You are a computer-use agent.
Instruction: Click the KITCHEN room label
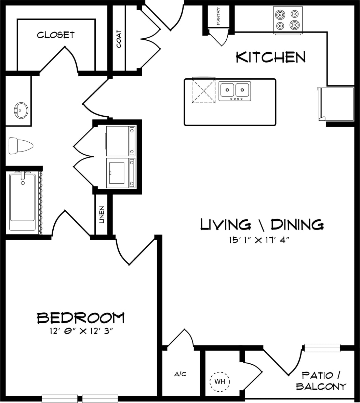pos(270,57)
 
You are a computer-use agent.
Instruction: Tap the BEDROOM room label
pos(81,318)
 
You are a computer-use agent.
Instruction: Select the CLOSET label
pos(56,35)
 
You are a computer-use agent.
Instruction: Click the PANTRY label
pos(218,16)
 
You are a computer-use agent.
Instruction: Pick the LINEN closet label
pos(102,214)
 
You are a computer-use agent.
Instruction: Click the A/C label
pos(180,374)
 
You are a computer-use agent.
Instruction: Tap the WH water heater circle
pos(219,381)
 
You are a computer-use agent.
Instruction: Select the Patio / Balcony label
pos(321,381)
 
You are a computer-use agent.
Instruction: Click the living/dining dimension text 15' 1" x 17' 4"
pos(260,240)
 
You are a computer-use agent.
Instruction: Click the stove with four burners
pos(288,20)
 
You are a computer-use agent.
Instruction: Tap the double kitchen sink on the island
pos(235,91)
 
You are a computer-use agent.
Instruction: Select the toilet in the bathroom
pos(20,145)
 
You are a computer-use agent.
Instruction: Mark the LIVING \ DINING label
pos(262,225)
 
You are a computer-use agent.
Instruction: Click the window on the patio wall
pos(322,348)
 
